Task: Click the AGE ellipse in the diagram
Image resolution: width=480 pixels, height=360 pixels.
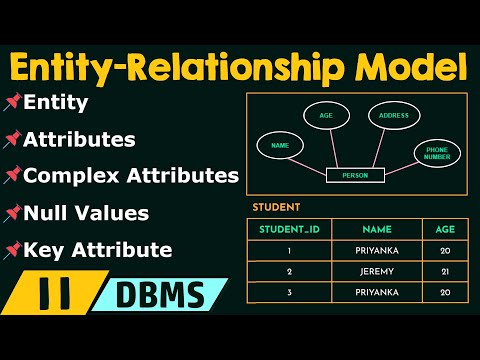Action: pyautogui.click(x=326, y=115)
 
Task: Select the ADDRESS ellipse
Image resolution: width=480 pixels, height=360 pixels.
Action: pyautogui.click(x=393, y=115)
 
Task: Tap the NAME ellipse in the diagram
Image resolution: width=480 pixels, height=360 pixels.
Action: pyautogui.click(x=280, y=146)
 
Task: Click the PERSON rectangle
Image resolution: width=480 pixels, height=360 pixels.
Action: pyautogui.click(x=355, y=176)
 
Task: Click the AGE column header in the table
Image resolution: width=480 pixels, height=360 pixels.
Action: pyautogui.click(x=444, y=228)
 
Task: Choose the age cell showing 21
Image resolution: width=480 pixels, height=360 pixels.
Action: pyautogui.click(x=444, y=271)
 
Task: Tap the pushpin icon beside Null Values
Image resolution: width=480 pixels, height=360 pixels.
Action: pyautogui.click(x=12, y=213)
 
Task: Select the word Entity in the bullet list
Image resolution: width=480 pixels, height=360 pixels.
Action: pyautogui.click(x=55, y=102)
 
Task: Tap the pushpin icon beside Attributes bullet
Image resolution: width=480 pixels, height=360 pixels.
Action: pyautogui.click(x=12, y=139)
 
